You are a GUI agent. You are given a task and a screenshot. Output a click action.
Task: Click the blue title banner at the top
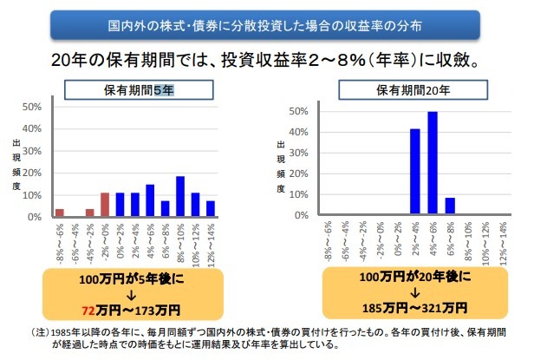[274, 24]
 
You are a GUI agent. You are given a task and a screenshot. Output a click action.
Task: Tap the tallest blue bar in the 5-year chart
[179, 196]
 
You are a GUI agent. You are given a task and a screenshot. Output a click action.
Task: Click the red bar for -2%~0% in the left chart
[104, 205]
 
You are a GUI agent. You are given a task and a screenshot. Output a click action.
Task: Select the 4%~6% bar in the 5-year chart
[149, 200]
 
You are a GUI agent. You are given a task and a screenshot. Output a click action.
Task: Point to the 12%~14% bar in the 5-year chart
[211, 208]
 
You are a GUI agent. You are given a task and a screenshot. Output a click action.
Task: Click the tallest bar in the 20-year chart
[432, 162]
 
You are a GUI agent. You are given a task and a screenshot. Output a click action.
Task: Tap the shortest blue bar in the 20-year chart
[448, 206]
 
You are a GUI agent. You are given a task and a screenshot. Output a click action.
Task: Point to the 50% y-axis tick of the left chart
[31, 108]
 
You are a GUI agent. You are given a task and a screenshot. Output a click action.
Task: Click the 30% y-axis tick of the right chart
[300, 153]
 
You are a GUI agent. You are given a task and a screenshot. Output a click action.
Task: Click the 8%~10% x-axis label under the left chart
[180, 244]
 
